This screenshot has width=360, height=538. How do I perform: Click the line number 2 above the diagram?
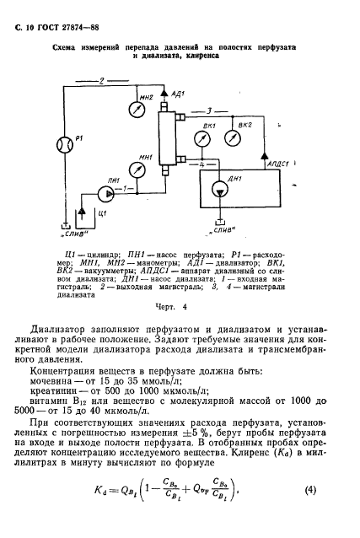(100, 81)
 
